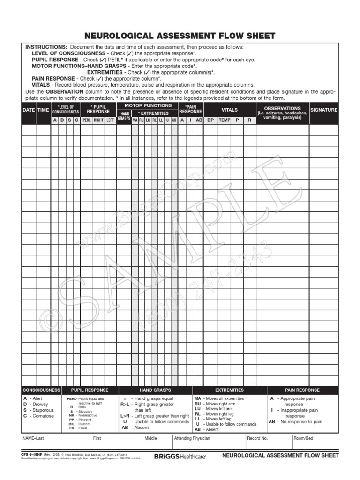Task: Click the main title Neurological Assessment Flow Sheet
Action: [x=180, y=36]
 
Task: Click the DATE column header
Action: [x=29, y=110]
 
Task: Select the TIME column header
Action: [x=43, y=110]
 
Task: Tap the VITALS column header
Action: [x=230, y=110]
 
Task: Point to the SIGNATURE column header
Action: [x=323, y=110]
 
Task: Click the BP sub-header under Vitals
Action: [x=210, y=120]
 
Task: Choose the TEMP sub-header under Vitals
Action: [x=225, y=120]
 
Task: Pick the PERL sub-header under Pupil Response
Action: [x=86, y=120]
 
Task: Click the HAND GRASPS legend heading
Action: [x=155, y=390]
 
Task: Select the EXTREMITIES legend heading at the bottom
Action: [x=229, y=390]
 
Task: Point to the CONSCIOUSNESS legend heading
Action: [x=42, y=390]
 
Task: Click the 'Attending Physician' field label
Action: [x=192, y=439]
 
